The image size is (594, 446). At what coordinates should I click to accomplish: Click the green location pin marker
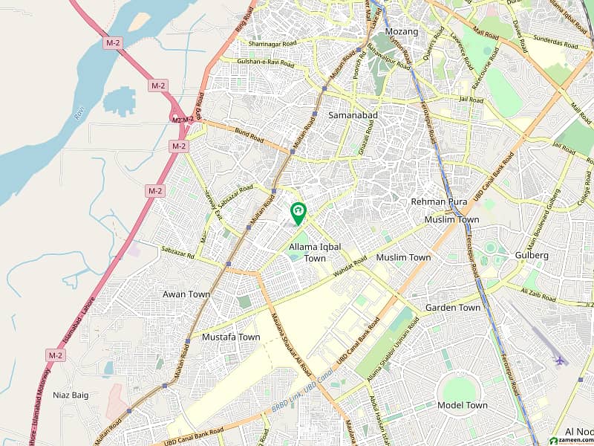coord(298,213)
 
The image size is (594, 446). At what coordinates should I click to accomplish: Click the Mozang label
coord(402,32)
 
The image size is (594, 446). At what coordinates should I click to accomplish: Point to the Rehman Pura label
coord(439,201)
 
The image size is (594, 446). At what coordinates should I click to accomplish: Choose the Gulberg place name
coord(532,255)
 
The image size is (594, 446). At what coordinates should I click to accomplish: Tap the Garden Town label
coord(452,307)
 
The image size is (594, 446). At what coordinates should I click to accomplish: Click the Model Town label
coord(463,405)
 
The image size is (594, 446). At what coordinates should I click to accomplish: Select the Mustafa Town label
coord(231,337)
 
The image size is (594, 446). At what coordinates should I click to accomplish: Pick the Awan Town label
coord(186,294)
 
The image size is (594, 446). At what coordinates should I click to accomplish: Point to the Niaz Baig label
coord(71,395)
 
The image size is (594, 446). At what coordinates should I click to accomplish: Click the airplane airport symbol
coord(559,361)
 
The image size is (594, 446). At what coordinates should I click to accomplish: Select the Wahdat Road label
coord(350,267)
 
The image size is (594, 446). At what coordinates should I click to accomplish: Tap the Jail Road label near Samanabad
coord(471,99)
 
